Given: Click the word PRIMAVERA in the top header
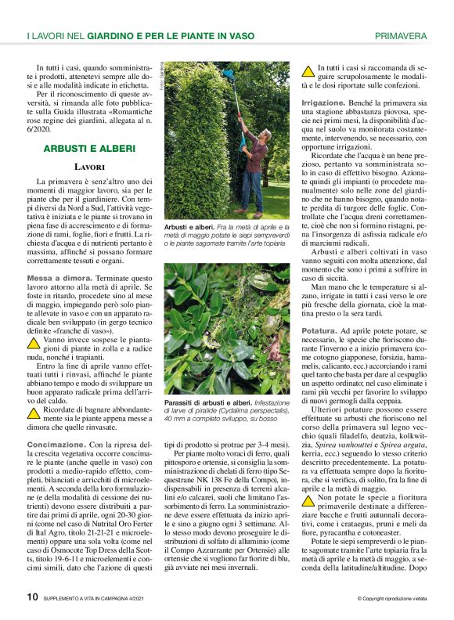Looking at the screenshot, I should coord(401,36).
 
